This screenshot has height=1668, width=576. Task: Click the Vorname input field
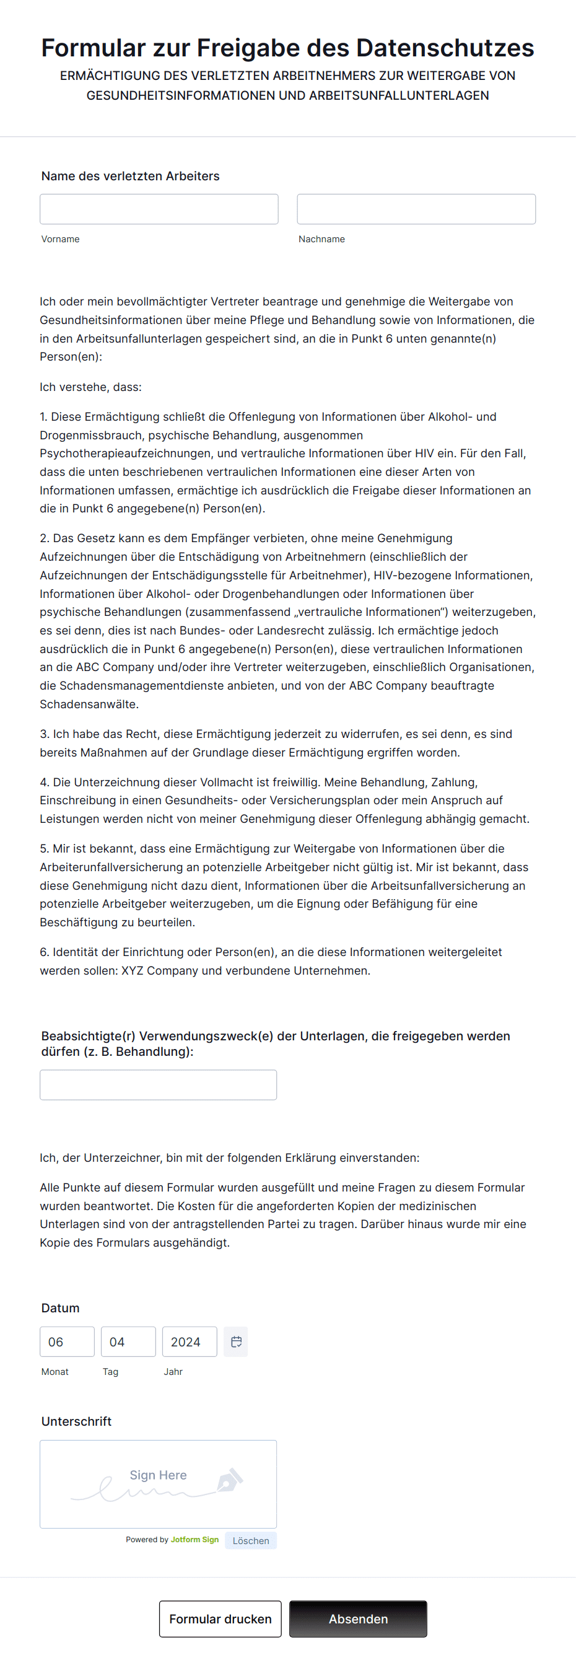[x=159, y=209]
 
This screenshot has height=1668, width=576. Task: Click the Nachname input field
[x=416, y=209]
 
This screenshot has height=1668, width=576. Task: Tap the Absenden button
[x=358, y=1618]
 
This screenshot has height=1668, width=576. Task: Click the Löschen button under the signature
[x=250, y=1540]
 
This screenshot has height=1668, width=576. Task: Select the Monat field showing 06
[x=67, y=1341]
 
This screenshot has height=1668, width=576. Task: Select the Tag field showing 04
[x=128, y=1341]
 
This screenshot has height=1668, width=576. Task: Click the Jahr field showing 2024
[x=189, y=1341]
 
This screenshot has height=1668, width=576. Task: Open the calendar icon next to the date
[x=236, y=1341]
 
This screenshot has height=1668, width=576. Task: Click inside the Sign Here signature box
[x=158, y=1484]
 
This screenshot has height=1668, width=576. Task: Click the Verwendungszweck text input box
[x=158, y=1084]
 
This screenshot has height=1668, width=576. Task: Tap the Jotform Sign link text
[x=195, y=1540]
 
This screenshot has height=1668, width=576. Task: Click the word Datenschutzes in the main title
[x=445, y=48]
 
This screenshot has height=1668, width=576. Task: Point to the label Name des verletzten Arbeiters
[x=130, y=176]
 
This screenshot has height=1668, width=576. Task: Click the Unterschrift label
[x=76, y=1421]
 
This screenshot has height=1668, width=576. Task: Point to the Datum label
[x=60, y=1308]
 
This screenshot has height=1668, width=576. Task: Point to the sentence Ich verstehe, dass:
[x=90, y=387]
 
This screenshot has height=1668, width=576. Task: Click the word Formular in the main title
[x=93, y=48]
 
